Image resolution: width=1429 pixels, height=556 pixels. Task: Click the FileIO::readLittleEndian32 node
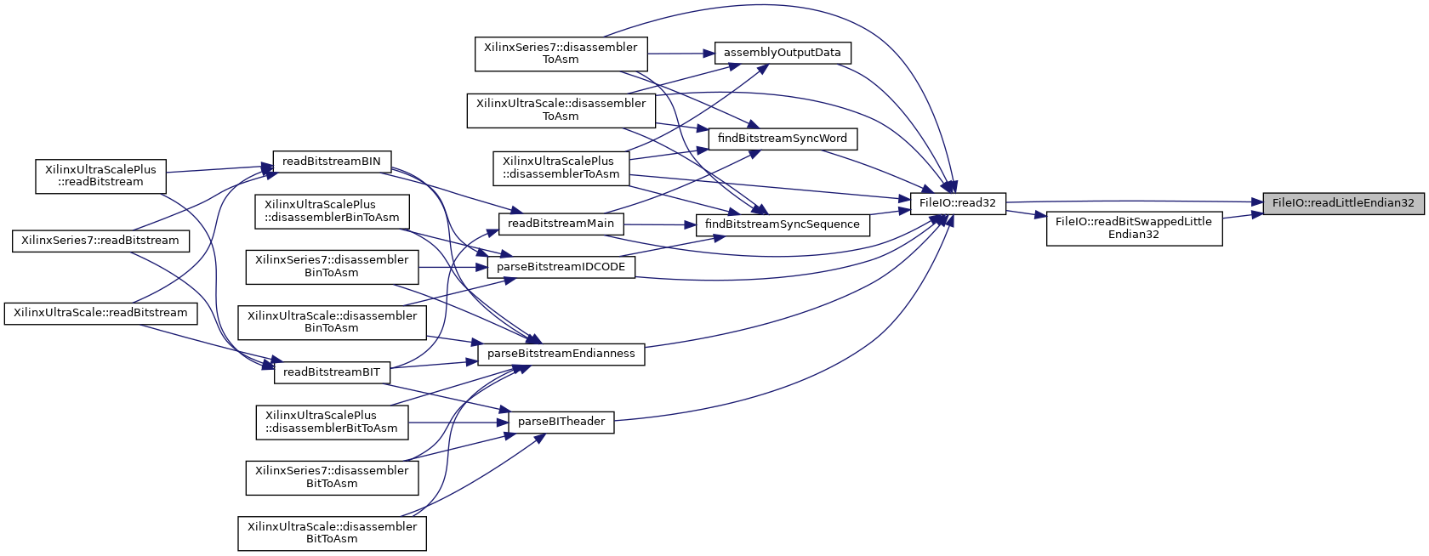pos(1342,203)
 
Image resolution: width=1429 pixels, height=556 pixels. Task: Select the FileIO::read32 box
pos(958,203)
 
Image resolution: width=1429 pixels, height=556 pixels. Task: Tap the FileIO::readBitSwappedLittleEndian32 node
pos(1134,228)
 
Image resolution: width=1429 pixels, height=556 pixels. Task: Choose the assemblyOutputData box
pos(782,53)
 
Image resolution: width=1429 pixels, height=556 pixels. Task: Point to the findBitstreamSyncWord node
pos(782,139)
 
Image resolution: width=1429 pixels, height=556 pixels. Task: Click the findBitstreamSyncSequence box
pos(782,224)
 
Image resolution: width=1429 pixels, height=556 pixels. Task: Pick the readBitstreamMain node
pos(561,224)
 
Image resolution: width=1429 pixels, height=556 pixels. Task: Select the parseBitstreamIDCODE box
pos(561,267)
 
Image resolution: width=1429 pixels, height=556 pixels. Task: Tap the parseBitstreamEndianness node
pos(561,354)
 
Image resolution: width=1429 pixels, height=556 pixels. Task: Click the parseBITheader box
pos(561,422)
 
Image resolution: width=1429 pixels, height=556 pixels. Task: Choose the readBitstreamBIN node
pos(331,162)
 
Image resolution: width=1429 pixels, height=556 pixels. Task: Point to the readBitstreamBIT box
pos(331,372)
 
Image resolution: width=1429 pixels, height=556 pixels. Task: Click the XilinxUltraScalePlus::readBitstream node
pos(100,176)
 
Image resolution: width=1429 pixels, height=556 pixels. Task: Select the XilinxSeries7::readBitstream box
pos(100,241)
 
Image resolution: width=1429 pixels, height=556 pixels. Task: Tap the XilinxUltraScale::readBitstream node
pos(100,313)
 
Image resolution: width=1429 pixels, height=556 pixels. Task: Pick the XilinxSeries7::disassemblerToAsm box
pos(561,54)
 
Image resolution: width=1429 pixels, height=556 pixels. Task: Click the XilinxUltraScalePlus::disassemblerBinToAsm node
pos(332,211)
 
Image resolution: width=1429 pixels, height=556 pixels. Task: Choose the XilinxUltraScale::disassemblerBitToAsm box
pos(332,533)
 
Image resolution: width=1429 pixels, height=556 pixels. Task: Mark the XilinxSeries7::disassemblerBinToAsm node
pos(332,267)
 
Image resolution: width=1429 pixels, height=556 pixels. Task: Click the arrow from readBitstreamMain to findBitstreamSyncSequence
pos(660,224)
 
